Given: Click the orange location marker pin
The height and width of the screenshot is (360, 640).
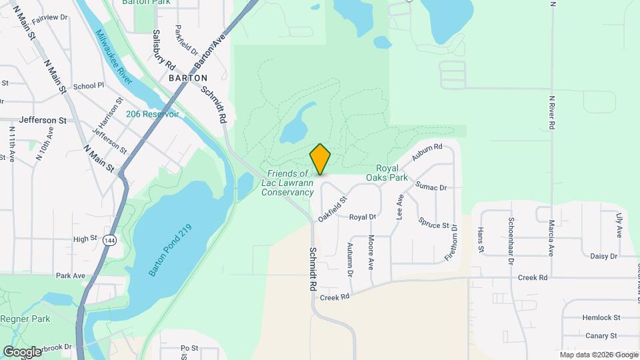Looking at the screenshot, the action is (x=321, y=159).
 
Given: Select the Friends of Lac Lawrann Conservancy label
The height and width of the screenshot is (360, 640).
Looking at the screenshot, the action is (x=287, y=183).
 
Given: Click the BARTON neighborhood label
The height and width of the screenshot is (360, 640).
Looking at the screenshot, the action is (x=189, y=78).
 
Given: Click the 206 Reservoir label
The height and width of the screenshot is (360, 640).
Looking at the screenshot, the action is (x=153, y=114).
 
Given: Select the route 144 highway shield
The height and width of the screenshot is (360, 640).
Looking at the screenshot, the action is (x=110, y=240).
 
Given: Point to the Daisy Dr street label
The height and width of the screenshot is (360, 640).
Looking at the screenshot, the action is (x=604, y=256).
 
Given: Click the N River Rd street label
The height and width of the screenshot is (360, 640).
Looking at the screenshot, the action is (x=552, y=113).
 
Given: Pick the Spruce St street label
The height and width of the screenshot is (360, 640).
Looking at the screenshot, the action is (x=433, y=223).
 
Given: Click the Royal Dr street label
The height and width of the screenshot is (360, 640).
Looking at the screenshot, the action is (x=363, y=217).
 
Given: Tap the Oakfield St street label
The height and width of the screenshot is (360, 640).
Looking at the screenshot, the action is (x=333, y=209).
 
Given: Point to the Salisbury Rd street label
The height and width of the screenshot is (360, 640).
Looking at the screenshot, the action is (x=163, y=50).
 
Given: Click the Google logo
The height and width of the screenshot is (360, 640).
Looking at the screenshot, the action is (x=22, y=351).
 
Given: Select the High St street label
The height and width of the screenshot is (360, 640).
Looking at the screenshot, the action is (x=85, y=239).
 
